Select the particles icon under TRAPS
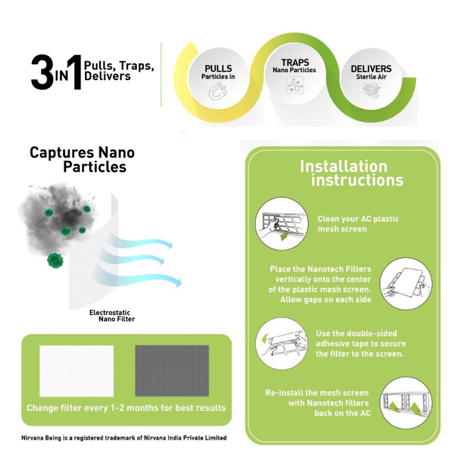[x=294, y=85]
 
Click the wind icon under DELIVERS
[x=371, y=90]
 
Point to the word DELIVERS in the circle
[x=371, y=69]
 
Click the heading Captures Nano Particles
[x=82, y=160]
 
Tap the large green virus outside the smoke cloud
[x=55, y=261]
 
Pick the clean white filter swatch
[x=76, y=370]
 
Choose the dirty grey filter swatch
[x=172, y=370]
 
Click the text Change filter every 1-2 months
[x=126, y=408]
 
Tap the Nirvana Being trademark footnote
[x=124, y=438]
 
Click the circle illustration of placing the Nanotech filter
[x=406, y=283]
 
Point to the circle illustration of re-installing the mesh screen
[x=406, y=403]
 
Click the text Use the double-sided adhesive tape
[x=360, y=344]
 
